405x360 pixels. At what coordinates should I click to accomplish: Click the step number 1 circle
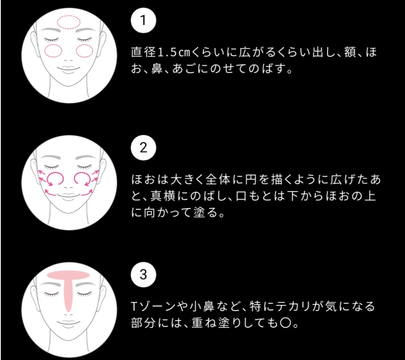[143, 20]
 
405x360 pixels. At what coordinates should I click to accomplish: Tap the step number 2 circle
[143, 148]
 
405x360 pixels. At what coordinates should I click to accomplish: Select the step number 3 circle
[143, 275]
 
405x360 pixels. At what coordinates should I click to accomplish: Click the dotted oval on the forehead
[68, 16]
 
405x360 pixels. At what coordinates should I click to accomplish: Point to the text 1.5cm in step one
[174, 52]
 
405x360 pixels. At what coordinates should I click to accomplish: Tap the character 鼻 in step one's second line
[157, 69]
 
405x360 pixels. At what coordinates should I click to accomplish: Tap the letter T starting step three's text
[134, 307]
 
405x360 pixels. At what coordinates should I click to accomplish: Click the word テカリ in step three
[293, 306]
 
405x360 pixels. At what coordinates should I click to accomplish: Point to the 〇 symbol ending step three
[286, 323]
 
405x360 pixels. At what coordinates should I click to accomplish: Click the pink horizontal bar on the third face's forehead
[68, 275]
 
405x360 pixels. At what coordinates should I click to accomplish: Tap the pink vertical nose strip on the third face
[68, 294]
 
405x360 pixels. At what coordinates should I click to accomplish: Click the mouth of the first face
[68, 68]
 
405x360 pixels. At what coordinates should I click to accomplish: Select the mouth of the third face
[68, 323]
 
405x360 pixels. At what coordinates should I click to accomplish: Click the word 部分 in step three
[143, 323]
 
